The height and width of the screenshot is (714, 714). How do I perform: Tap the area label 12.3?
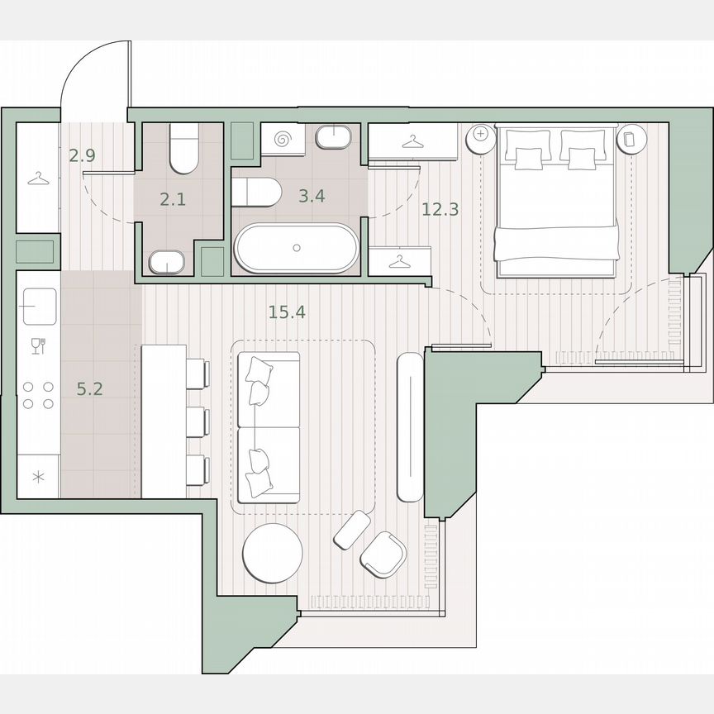440,209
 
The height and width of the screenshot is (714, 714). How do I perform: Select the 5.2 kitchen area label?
89,388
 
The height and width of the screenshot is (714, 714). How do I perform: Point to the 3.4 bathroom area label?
311,197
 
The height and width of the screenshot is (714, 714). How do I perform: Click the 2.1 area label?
172,198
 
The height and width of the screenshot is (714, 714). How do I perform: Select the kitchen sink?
40,305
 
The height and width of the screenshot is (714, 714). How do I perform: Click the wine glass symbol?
37,345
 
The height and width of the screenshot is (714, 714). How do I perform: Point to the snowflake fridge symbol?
37,477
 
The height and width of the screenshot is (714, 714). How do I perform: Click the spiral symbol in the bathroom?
284,139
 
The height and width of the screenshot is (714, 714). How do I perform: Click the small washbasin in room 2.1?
168,263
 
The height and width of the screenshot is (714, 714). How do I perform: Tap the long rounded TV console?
410,426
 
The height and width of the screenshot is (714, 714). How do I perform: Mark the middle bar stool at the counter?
197,421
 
